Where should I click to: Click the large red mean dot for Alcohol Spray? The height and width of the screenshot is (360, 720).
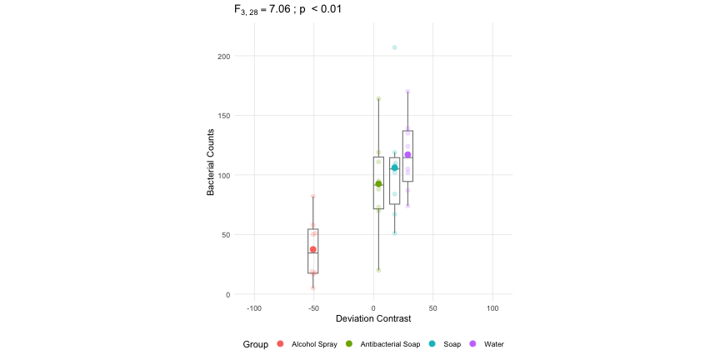pyautogui.click(x=313, y=249)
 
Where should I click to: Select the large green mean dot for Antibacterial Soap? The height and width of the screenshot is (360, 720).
pyautogui.click(x=378, y=184)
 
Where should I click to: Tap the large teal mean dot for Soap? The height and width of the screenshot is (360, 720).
pyautogui.click(x=395, y=168)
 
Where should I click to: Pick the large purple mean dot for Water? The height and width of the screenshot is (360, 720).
pyautogui.click(x=407, y=155)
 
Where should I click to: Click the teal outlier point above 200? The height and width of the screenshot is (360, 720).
pyautogui.click(x=395, y=47)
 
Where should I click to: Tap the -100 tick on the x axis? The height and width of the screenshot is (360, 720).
pyautogui.click(x=254, y=307)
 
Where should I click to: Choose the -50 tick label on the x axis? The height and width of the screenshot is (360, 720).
pyautogui.click(x=313, y=307)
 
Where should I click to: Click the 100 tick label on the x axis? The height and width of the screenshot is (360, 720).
pyautogui.click(x=492, y=307)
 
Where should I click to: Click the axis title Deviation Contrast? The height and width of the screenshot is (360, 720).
pyautogui.click(x=372, y=319)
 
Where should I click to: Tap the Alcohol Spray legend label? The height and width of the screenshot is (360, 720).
pyautogui.click(x=314, y=344)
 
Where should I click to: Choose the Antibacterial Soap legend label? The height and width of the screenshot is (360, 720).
pyautogui.click(x=390, y=344)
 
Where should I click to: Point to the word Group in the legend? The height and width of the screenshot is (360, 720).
pyautogui.click(x=255, y=344)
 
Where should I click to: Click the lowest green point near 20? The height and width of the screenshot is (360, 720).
pyautogui.click(x=378, y=270)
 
